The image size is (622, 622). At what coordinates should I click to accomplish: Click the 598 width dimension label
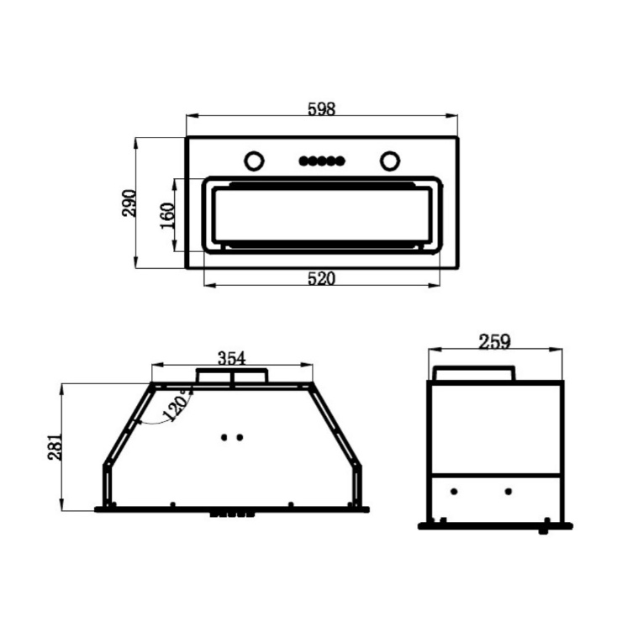[321, 108]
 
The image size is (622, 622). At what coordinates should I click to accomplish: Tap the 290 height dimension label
[129, 203]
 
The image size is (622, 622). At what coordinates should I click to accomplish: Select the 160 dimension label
[167, 215]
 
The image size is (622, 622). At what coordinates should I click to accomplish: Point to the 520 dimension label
[321, 278]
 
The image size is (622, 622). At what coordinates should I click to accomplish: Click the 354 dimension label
[232, 358]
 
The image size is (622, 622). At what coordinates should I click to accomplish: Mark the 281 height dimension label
[55, 447]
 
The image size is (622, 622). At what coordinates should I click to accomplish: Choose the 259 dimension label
[494, 341]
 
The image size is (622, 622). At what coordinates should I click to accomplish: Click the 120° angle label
[177, 405]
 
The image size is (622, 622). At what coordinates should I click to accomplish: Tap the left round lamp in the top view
[254, 161]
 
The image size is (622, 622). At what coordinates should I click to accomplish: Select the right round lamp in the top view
[389, 161]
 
